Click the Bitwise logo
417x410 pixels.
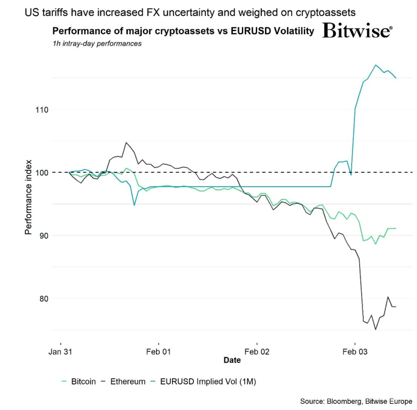pyautogui.click(x=357, y=32)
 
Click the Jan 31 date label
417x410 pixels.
pyautogui.click(x=60, y=352)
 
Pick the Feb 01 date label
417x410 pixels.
pyautogui.click(x=159, y=352)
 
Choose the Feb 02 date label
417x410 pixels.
pyautogui.click(x=257, y=352)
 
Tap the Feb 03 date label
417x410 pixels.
pyautogui.click(x=356, y=352)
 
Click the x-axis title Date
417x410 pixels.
pyautogui.click(x=232, y=360)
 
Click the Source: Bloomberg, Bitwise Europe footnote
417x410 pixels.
pyautogui.click(x=356, y=401)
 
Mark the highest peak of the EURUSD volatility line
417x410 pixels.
pyautogui.click(x=376, y=65)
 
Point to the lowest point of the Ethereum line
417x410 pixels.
pyautogui.click(x=376, y=329)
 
